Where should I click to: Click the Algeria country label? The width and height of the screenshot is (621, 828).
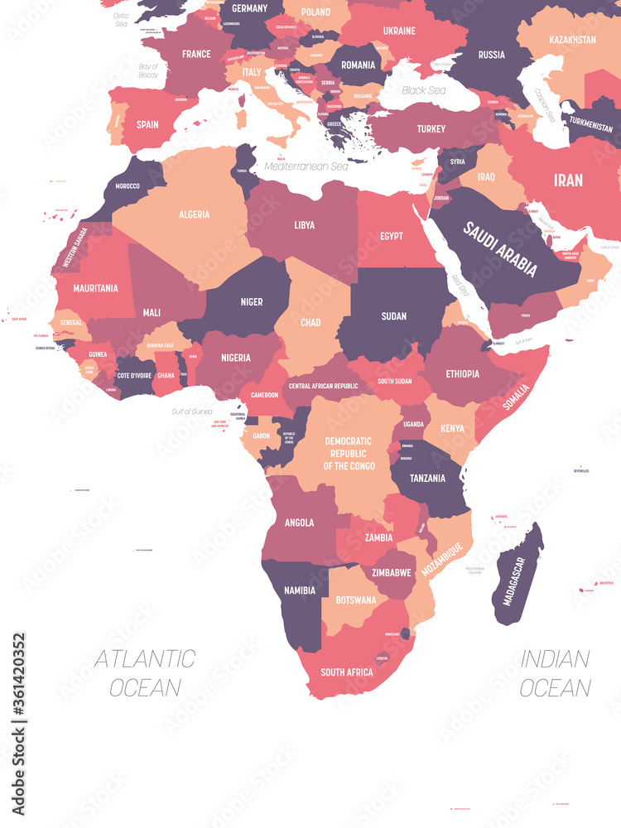(194, 214)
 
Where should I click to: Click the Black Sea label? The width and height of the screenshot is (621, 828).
(424, 90)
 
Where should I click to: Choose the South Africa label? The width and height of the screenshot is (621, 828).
(347, 672)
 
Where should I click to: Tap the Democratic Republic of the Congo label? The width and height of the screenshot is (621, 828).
(349, 454)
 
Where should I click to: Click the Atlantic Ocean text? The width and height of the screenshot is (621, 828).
(145, 673)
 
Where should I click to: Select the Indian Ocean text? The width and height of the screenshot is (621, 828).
(556, 673)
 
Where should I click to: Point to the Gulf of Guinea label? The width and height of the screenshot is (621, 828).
(192, 412)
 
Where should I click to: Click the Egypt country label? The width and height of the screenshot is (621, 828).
(392, 236)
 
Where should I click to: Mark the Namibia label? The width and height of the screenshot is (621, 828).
(299, 590)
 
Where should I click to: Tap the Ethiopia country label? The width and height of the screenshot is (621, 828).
(462, 373)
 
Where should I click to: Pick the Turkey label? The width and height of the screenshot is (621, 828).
(431, 128)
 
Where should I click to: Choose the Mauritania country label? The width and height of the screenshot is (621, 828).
(95, 289)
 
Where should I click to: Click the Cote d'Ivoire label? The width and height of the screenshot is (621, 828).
(133, 376)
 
